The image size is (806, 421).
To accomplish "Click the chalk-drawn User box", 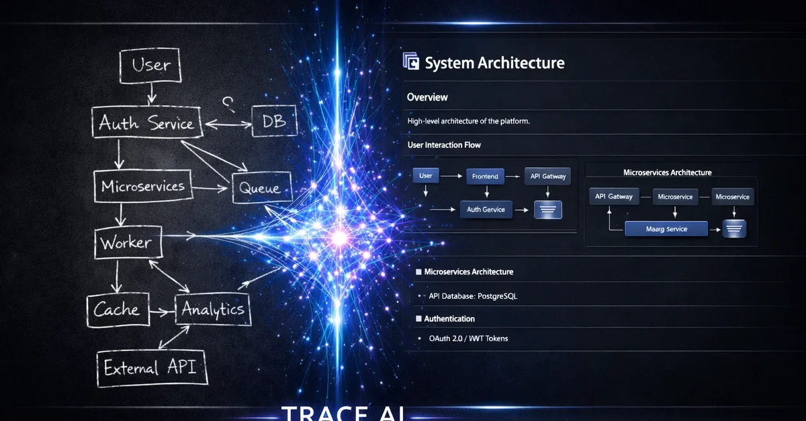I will pyautogui.click(x=151, y=65).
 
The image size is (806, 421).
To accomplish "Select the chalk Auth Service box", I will pyautogui.click(x=146, y=123).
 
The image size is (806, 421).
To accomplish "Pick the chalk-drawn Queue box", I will pyautogui.click(x=261, y=188).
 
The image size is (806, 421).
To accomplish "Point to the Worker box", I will pyautogui.click(x=128, y=242).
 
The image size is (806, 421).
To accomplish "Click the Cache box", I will pyautogui.click(x=117, y=310).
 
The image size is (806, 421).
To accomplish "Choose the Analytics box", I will pyautogui.click(x=213, y=310).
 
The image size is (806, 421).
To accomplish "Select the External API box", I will pyautogui.click(x=150, y=368).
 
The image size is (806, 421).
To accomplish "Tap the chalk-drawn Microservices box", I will pyautogui.click(x=143, y=186).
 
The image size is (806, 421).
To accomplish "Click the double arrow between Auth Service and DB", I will pyautogui.click(x=228, y=123).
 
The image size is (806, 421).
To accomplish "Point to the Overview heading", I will pyautogui.click(x=427, y=97).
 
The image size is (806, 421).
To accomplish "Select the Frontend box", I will pyautogui.click(x=485, y=177).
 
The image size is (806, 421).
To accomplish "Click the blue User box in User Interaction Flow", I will pyautogui.click(x=426, y=176).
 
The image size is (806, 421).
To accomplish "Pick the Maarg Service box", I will pyautogui.click(x=666, y=229).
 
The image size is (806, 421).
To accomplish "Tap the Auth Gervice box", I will pyautogui.click(x=486, y=209).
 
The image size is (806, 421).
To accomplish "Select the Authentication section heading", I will pyautogui.click(x=449, y=319).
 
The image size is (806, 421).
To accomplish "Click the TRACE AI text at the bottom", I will pyautogui.click(x=343, y=412).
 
